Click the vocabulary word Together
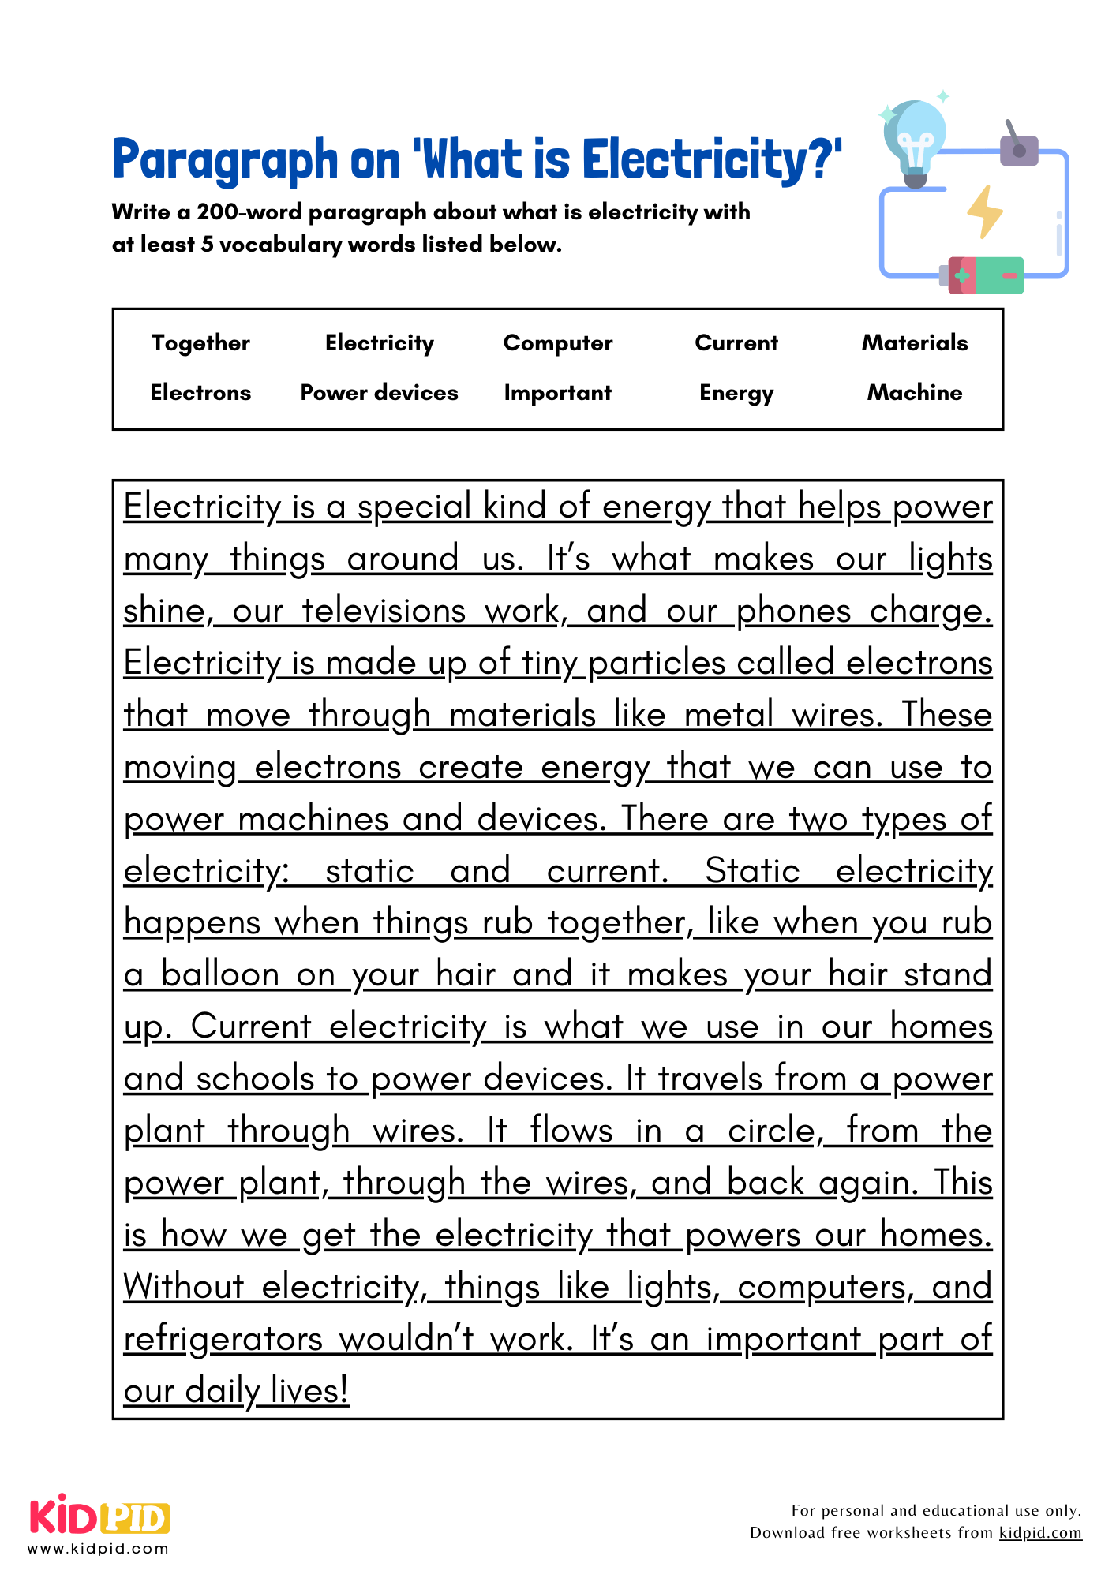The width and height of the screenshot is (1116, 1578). click(200, 343)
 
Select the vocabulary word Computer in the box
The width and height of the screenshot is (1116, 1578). click(558, 343)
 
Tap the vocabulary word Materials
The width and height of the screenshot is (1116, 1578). click(915, 343)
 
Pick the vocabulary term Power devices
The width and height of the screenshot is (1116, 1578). click(379, 393)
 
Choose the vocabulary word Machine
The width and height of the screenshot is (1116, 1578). click(915, 393)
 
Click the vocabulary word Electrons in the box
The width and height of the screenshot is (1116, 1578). click(200, 393)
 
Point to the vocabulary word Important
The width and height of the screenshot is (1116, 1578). click(558, 393)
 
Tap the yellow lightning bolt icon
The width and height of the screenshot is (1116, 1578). click(984, 211)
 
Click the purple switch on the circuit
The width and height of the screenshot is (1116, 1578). click(1018, 148)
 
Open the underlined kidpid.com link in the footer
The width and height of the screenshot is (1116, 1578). click(1040, 1532)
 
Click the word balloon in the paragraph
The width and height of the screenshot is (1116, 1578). click(220, 974)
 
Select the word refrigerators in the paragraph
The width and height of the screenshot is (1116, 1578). click(223, 1339)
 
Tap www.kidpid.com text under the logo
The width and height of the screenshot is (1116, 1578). click(99, 1549)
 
